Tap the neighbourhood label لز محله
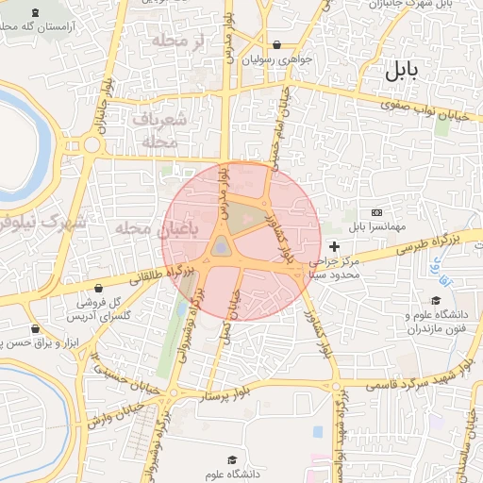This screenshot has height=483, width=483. [184, 42]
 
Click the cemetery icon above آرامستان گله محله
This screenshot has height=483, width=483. [36, 12]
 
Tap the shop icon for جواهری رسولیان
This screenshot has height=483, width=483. [276, 44]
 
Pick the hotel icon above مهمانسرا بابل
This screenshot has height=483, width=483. [377, 213]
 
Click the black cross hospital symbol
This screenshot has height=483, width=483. [334, 246]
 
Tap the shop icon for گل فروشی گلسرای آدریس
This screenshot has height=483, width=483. [99, 288]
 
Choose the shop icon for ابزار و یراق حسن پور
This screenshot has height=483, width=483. [36, 329]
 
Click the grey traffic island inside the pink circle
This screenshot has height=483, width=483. [221, 246]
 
